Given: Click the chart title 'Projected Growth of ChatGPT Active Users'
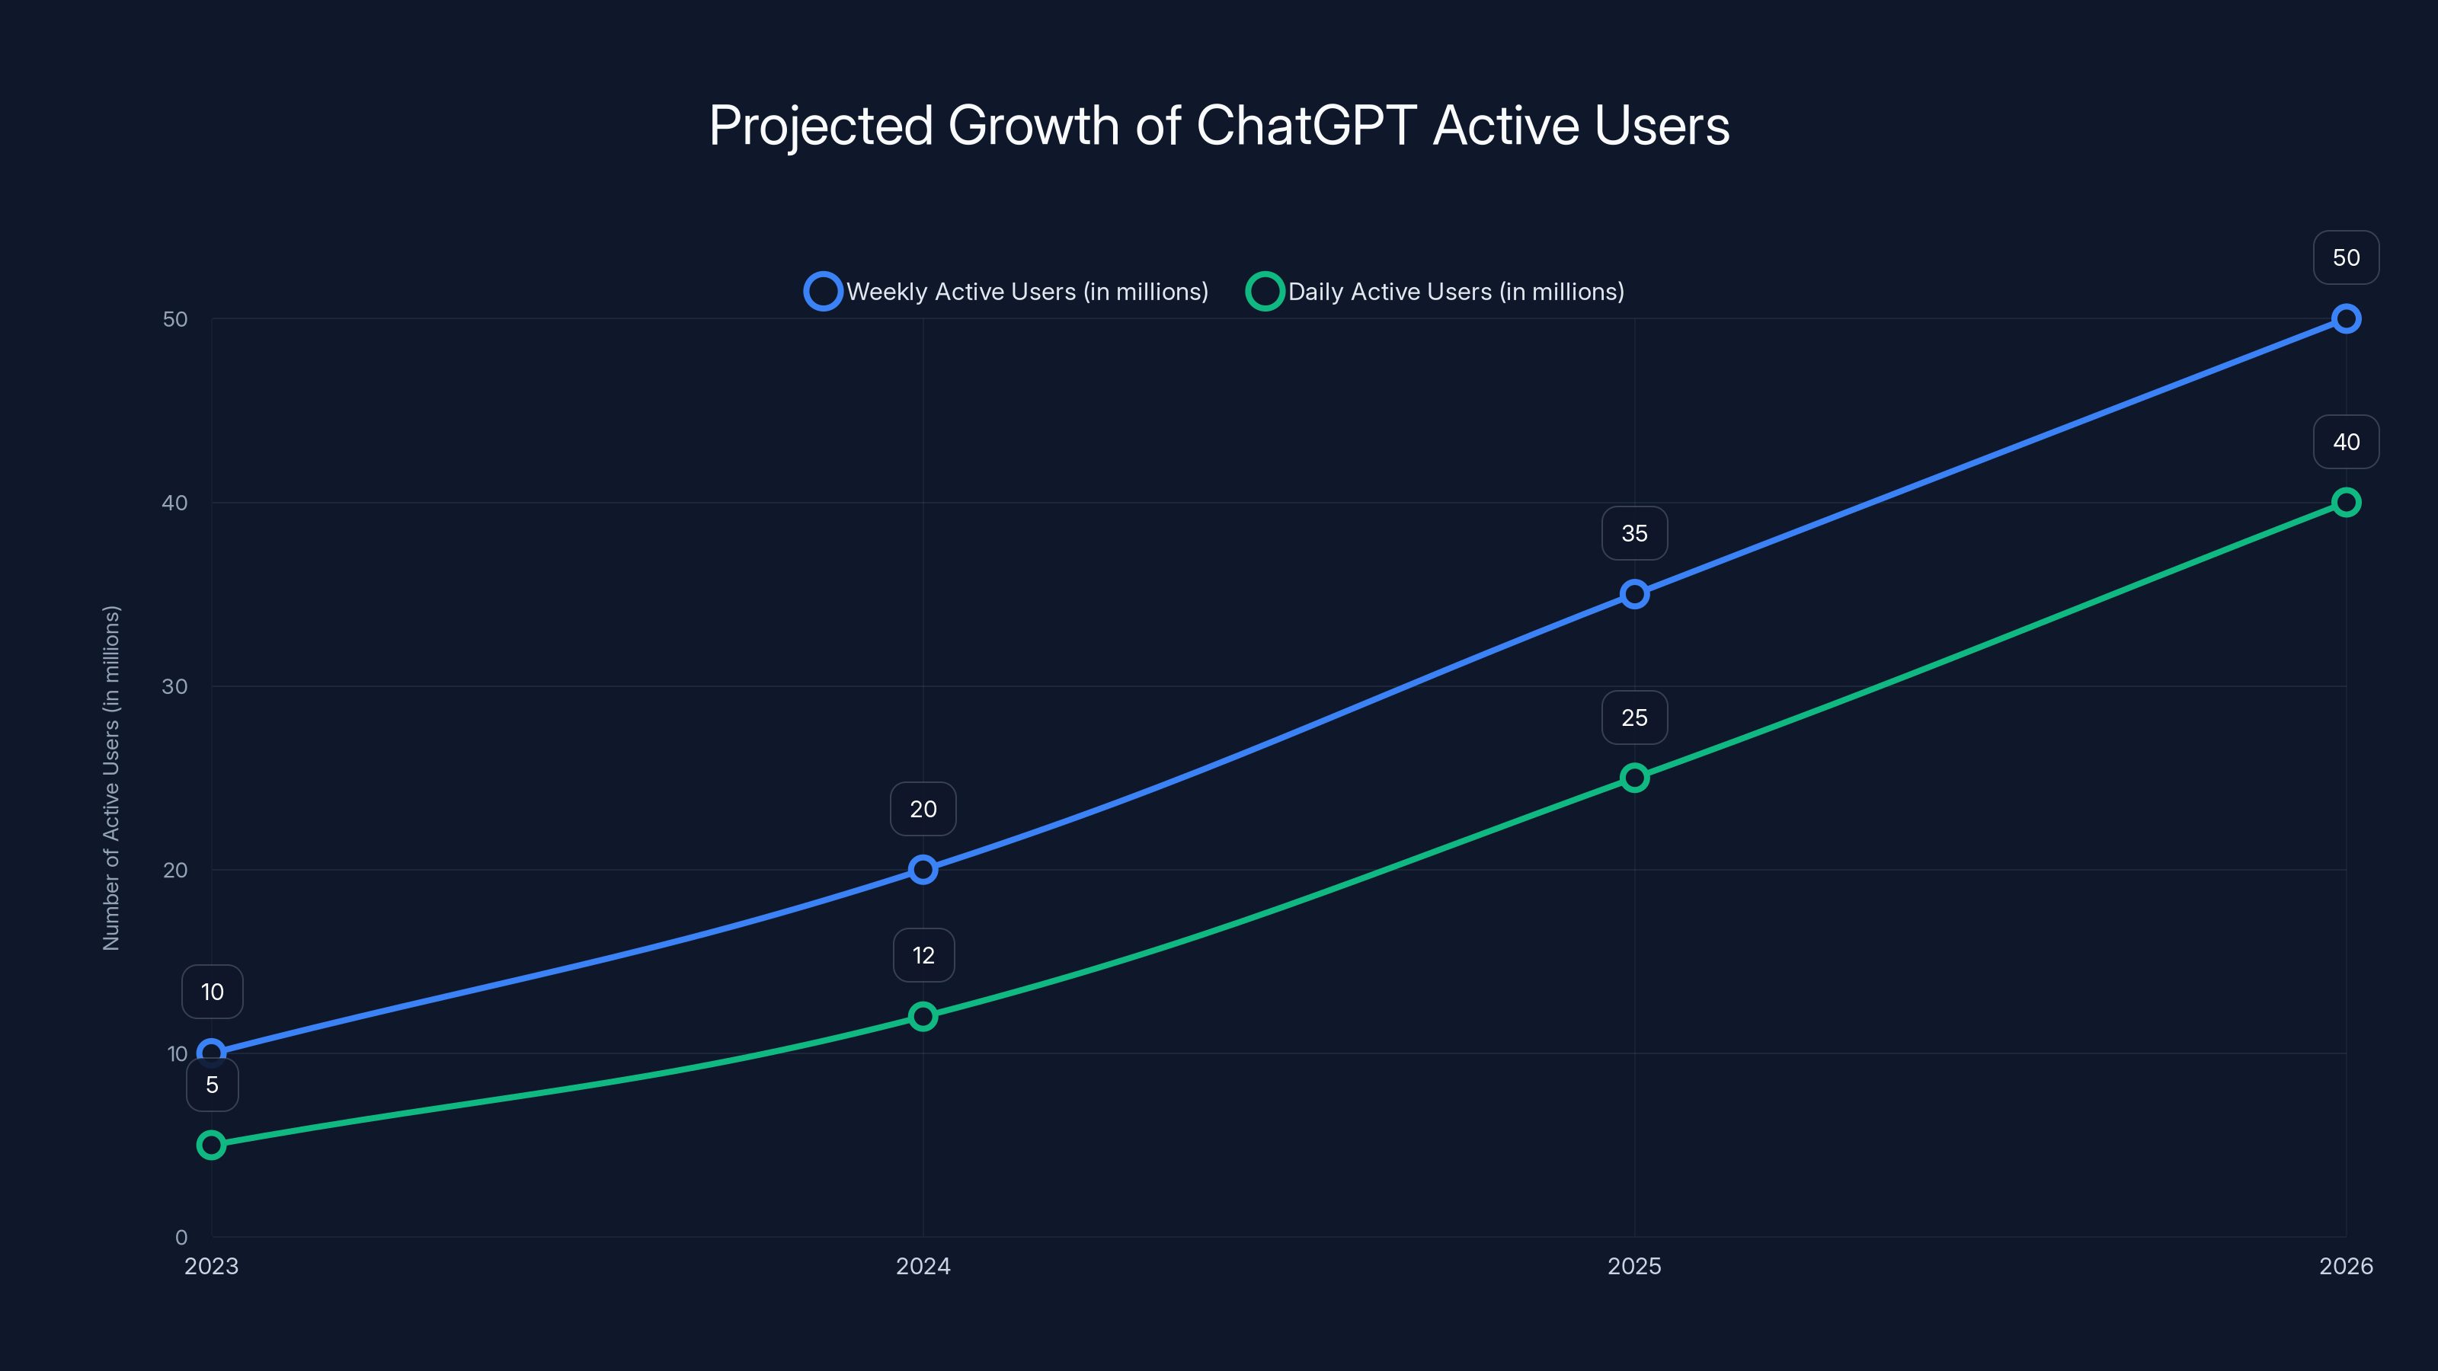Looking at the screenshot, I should coord(1219,126).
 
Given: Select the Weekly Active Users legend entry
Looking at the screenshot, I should coord(1007,292).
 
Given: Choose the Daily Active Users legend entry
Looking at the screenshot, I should coord(1435,292).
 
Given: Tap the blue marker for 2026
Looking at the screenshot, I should coord(2345,319).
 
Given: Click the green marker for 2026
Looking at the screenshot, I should coord(2345,503).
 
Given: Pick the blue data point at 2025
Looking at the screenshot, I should coord(1634,594).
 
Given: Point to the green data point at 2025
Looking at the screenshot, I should coord(1634,778).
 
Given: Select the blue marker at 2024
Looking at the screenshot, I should coord(923,870).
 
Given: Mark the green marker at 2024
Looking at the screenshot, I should coord(923,1016).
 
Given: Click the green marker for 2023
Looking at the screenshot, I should coord(212,1145).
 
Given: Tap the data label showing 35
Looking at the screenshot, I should coord(1634,534).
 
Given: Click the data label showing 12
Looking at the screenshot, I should coord(923,956).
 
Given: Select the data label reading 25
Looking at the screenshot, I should coord(1634,718).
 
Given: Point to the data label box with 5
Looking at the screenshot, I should coord(212,1085).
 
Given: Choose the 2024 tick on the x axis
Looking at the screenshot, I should coord(923,1266).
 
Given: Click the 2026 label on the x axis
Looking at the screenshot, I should coord(2345,1266).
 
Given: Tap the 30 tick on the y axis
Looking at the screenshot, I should coord(175,686).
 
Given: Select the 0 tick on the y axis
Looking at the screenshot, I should coord(181,1237).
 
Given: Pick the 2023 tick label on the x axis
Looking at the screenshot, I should coord(212,1266).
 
